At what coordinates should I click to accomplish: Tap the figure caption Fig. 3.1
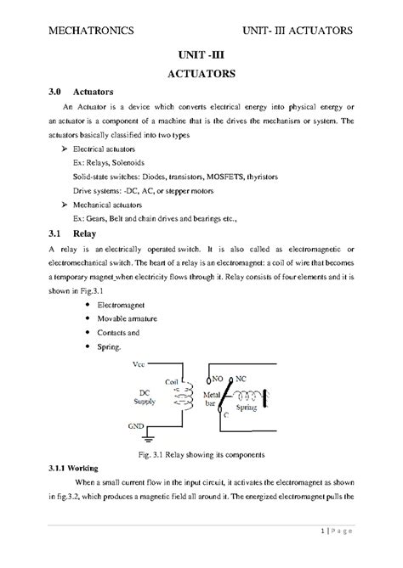201,453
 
